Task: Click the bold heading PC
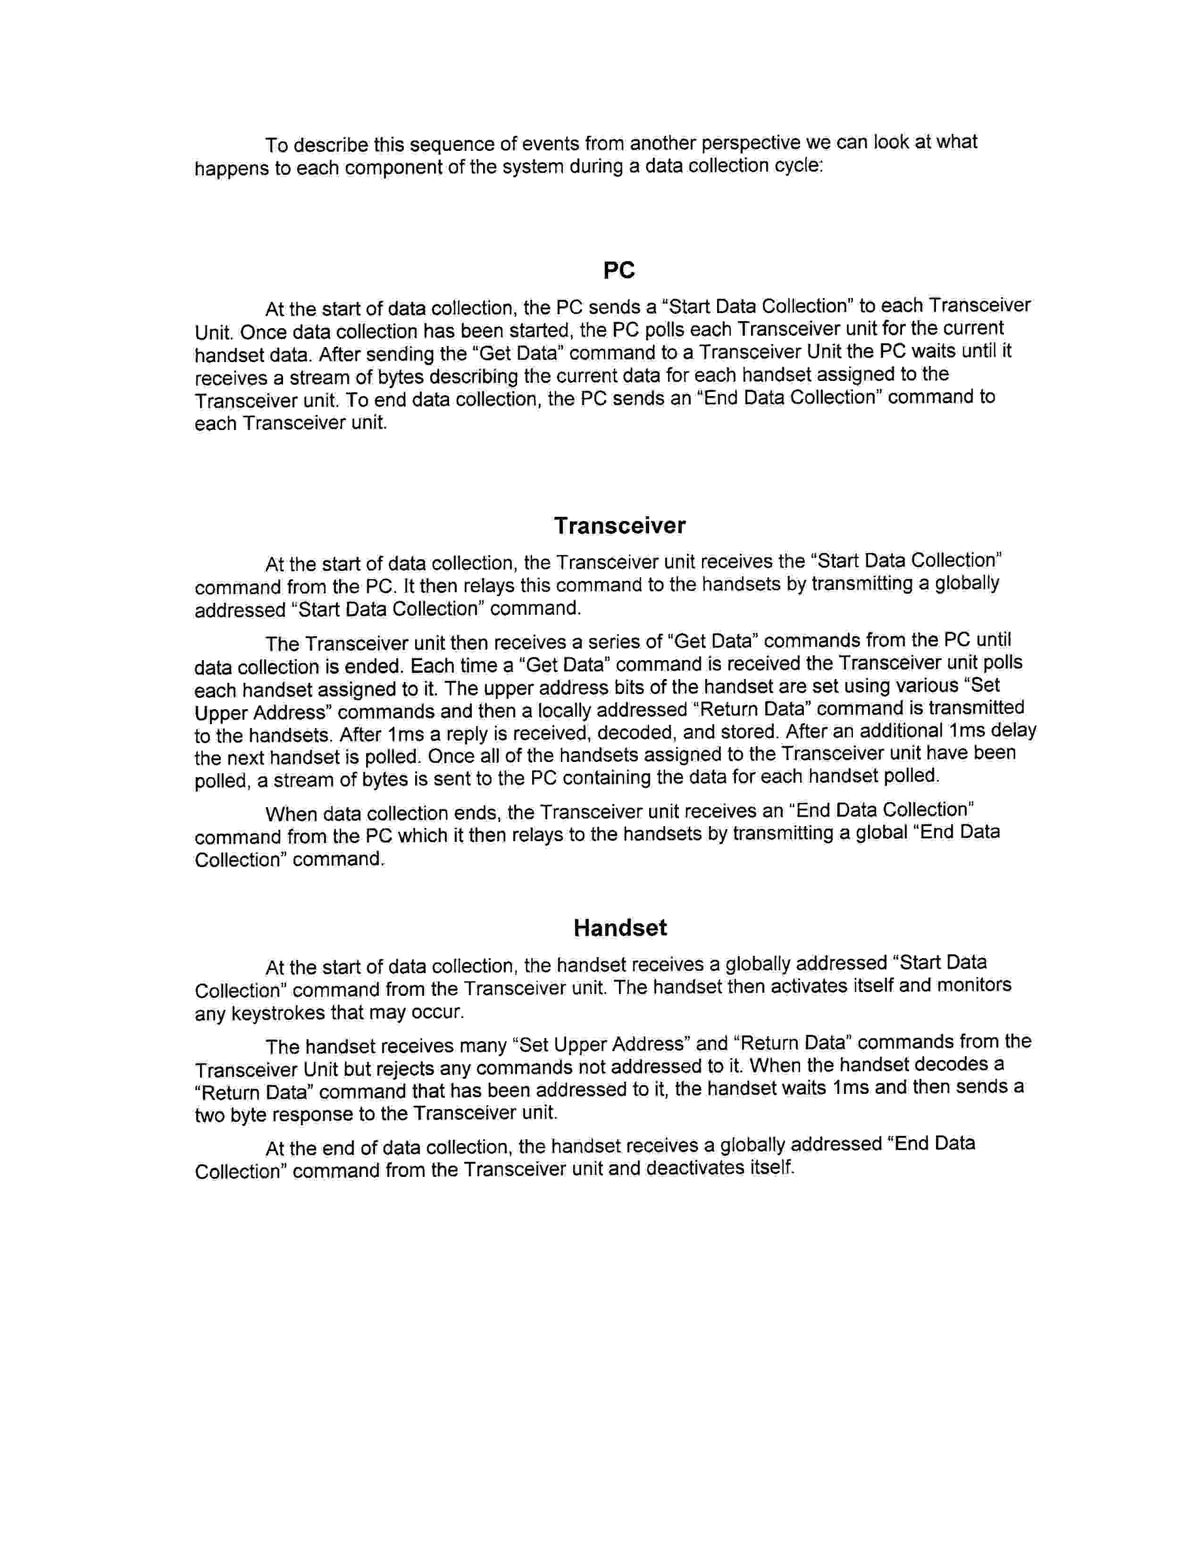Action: click(618, 271)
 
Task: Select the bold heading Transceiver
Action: click(619, 526)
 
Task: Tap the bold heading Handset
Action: click(620, 927)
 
